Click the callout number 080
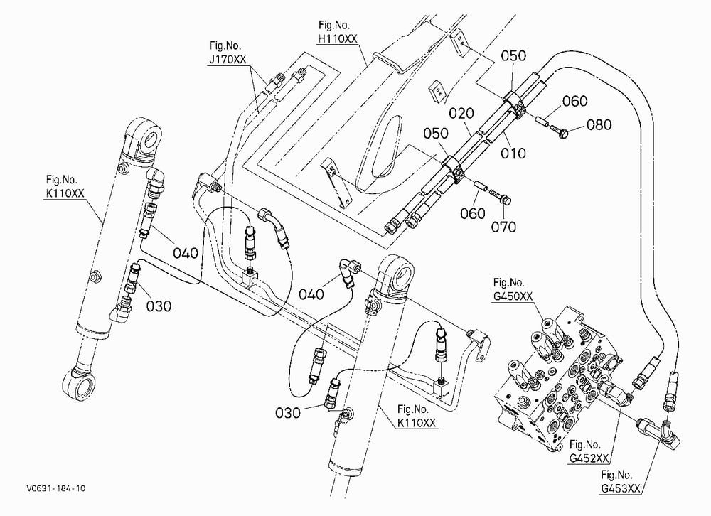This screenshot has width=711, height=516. (599, 124)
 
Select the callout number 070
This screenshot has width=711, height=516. (504, 226)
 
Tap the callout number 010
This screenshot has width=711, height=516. (513, 154)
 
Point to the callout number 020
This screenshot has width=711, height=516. (461, 113)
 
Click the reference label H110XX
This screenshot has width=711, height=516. (338, 39)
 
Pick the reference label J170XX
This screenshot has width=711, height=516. (228, 60)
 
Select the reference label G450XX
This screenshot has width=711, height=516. (513, 296)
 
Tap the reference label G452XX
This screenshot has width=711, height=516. (589, 458)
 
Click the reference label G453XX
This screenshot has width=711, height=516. (621, 489)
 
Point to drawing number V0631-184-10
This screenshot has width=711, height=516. (55, 488)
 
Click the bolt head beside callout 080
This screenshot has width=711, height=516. (564, 134)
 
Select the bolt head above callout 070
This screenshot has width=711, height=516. (506, 200)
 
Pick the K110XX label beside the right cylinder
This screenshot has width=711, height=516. (417, 423)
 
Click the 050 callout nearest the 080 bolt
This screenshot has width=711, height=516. (513, 55)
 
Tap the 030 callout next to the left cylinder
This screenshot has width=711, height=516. (159, 306)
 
